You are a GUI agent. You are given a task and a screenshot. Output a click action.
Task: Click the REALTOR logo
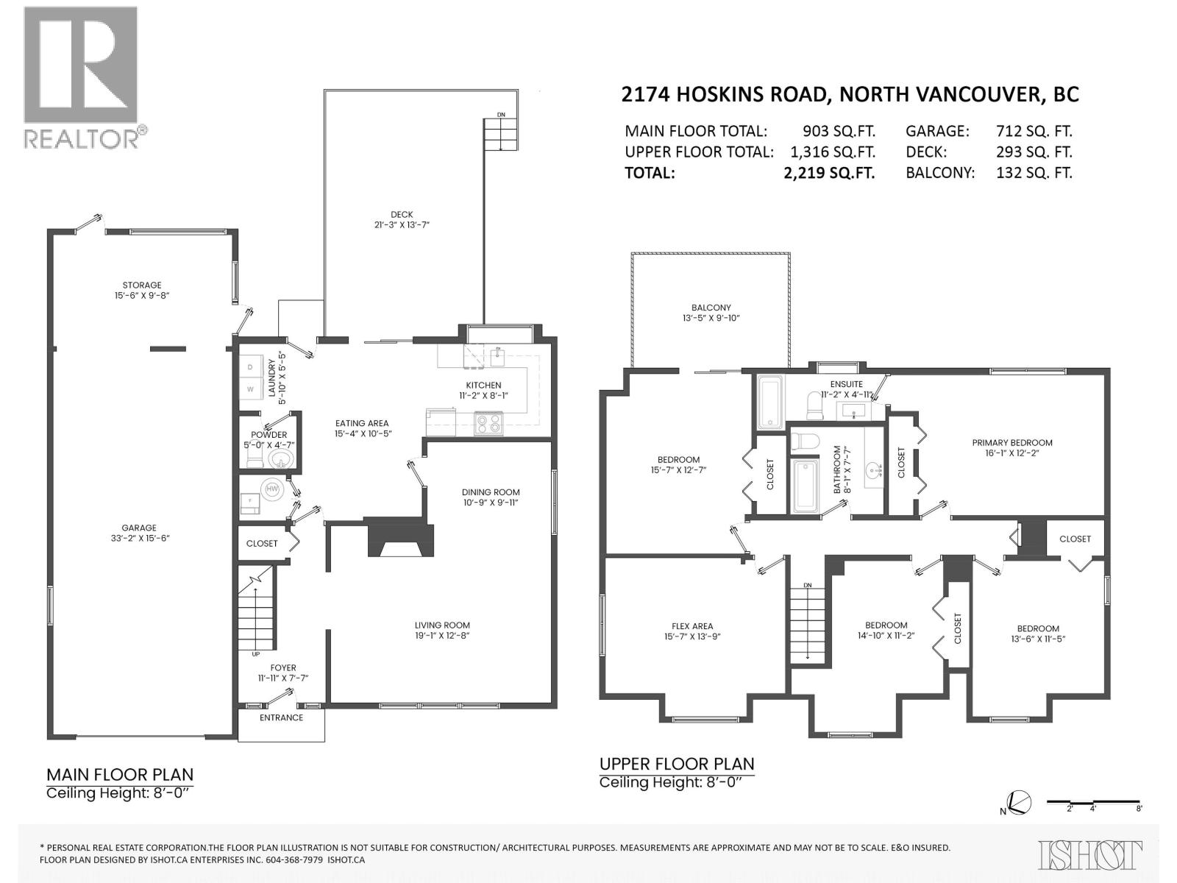81,77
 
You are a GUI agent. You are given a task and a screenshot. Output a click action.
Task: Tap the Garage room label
139,528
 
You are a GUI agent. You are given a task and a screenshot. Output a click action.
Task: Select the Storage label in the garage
142,286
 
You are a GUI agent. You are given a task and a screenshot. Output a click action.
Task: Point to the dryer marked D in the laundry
250,366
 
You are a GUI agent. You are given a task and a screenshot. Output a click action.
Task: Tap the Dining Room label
491,492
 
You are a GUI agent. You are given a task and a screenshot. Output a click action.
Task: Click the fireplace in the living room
399,539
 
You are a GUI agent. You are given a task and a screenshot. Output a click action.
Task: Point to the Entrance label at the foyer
281,717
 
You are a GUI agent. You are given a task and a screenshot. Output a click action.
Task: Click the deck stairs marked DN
501,134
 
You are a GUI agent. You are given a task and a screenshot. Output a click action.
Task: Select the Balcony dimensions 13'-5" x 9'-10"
711,318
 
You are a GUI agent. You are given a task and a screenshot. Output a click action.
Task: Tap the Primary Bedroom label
1012,443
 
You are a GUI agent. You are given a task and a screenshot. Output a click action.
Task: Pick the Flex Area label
691,627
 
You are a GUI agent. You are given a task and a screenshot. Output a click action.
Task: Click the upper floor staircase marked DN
807,623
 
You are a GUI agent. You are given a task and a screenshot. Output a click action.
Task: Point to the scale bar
1093,802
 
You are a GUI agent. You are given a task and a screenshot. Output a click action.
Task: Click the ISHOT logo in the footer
1090,854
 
